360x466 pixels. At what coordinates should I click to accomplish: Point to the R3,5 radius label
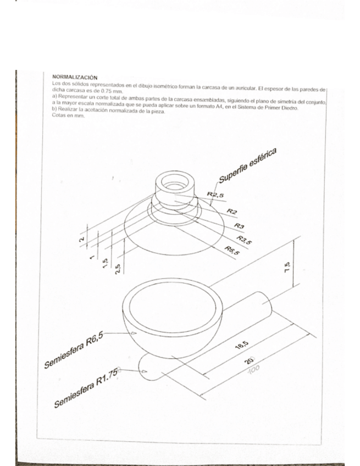tap(244, 238)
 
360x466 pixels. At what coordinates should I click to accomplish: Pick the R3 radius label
tap(240, 225)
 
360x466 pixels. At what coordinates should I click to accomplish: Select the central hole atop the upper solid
tap(174, 185)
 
